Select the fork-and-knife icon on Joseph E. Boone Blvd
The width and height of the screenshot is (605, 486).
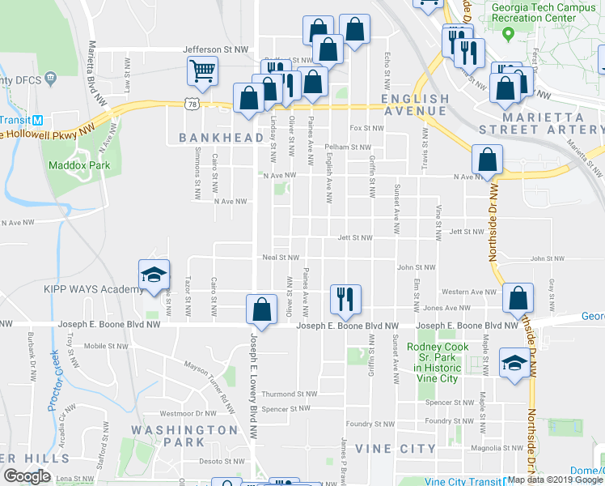345,299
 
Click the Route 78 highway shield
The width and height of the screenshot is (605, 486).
191,104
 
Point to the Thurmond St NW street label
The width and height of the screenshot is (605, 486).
288,394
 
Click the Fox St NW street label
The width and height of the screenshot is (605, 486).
366,128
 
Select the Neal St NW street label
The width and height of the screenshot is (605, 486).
281,258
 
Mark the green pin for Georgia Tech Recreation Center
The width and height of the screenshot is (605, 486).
508,34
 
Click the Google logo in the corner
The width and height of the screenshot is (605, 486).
27,476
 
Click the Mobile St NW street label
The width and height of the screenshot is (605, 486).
106,346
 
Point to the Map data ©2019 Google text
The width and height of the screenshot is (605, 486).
555,480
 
